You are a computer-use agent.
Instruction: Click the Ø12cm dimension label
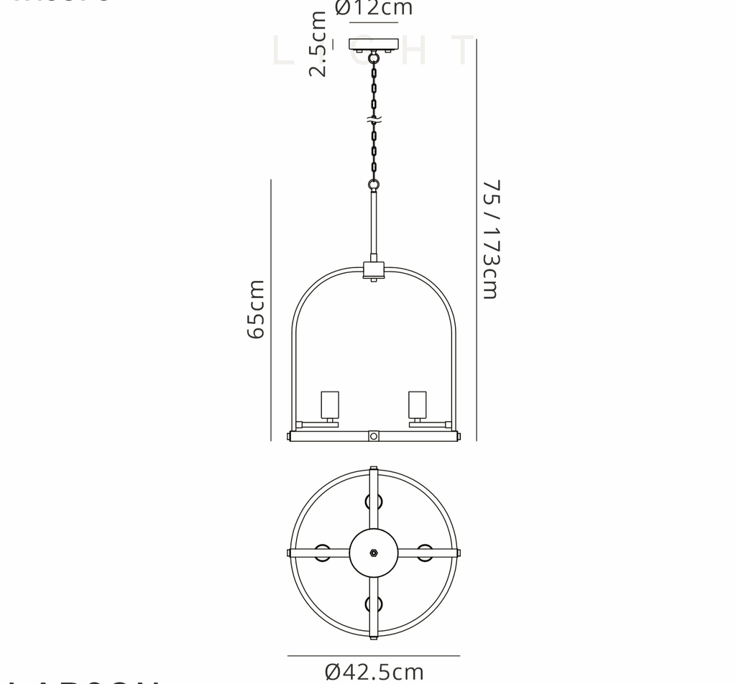point(374,9)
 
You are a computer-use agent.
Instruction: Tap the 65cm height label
point(256,309)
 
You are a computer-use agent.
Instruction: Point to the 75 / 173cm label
point(490,239)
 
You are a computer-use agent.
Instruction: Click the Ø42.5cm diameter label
point(374,672)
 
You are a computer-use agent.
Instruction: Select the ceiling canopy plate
point(374,44)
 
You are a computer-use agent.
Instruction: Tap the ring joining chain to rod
point(374,185)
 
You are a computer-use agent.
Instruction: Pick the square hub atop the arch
point(374,271)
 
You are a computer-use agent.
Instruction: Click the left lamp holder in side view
point(330,406)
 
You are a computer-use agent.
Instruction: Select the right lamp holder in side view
point(418,406)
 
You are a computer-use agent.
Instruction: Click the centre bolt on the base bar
point(374,435)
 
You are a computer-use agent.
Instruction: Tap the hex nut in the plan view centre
point(374,553)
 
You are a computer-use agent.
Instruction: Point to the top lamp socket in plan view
point(374,501)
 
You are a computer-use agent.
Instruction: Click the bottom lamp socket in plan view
point(374,605)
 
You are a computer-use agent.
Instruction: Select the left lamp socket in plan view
point(322,553)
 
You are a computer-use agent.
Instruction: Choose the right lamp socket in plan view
point(425,553)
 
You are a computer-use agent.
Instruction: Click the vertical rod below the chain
point(374,223)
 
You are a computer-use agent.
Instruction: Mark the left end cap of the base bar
point(290,435)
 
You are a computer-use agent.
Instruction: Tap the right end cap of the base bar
point(458,435)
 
